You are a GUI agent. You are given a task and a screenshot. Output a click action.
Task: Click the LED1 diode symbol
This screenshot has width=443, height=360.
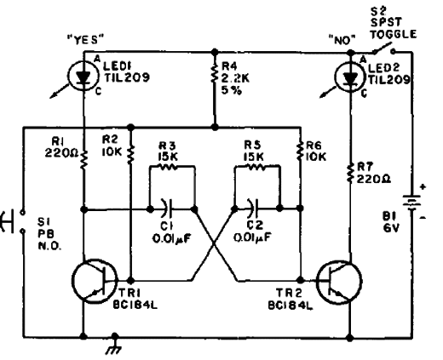pos(83,76)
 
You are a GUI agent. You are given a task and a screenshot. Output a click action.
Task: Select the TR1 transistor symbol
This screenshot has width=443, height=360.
pos(95,281)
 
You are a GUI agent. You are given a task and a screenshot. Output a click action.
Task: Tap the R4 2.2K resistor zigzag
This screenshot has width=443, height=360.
pos(215,72)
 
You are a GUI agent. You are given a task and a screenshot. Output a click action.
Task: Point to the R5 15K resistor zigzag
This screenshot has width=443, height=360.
pos(257,168)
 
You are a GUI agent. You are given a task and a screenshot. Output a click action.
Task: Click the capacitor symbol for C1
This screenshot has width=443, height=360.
pos(168,209)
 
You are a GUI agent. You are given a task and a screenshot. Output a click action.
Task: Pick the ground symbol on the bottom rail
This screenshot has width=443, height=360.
pos(114,344)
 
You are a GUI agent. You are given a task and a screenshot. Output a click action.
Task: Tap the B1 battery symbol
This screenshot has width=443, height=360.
pos(412,203)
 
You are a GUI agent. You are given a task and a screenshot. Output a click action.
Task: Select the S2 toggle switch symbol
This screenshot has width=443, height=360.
pos(384,48)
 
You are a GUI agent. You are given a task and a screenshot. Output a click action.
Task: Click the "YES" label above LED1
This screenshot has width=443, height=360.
pos(85,40)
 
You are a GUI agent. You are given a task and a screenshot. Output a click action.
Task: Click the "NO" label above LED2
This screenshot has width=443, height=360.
pos(342,40)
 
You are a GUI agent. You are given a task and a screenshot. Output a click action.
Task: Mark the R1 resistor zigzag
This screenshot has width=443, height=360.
pos(83,160)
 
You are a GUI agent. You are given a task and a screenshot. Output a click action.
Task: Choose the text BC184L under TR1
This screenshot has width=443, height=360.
pos(135,305)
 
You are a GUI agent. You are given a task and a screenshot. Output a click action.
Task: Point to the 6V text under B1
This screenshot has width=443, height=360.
pos(391,227)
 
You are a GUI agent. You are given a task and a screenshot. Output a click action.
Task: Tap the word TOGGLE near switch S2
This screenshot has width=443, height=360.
pos(394,34)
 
